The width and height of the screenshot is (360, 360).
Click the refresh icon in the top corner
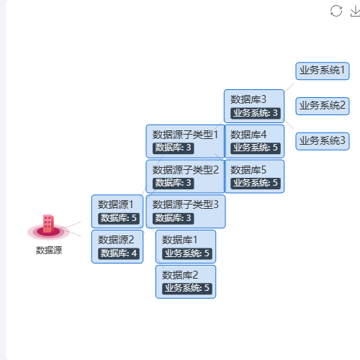[x=336, y=11]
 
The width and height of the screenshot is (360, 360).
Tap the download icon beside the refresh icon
[x=355, y=12]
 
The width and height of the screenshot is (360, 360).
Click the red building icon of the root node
[x=48, y=224]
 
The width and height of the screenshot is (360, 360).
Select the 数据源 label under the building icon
[x=49, y=250]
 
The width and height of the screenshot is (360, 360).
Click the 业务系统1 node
[x=323, y=71]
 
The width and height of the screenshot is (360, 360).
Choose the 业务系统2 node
[x=323, y=106]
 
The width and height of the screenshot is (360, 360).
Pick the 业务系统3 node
[x=323, y=141]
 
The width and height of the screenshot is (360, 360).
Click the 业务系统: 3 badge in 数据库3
[x=256, y=113]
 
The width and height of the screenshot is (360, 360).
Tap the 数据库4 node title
[x=248, y=135]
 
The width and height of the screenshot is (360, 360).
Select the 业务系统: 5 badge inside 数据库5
[x=256, y=183]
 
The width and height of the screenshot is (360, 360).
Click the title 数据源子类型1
[x=185, y=135]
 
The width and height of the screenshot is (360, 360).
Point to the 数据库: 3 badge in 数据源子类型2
[x=173, y=183]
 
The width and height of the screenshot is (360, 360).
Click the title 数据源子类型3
[x=185, y=204]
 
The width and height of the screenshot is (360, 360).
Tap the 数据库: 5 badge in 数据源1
[x=119, y=218]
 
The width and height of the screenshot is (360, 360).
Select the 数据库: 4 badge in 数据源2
[x=119, y=253]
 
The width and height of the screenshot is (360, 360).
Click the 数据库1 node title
[x=179, y=240]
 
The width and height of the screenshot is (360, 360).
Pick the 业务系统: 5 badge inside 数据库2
[x=187, y=288]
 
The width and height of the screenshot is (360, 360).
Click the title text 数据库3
[x=248, y=99]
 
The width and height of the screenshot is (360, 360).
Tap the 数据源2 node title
[x=116, y=240]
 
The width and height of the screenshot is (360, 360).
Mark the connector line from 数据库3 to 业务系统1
[x=289, y=88]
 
